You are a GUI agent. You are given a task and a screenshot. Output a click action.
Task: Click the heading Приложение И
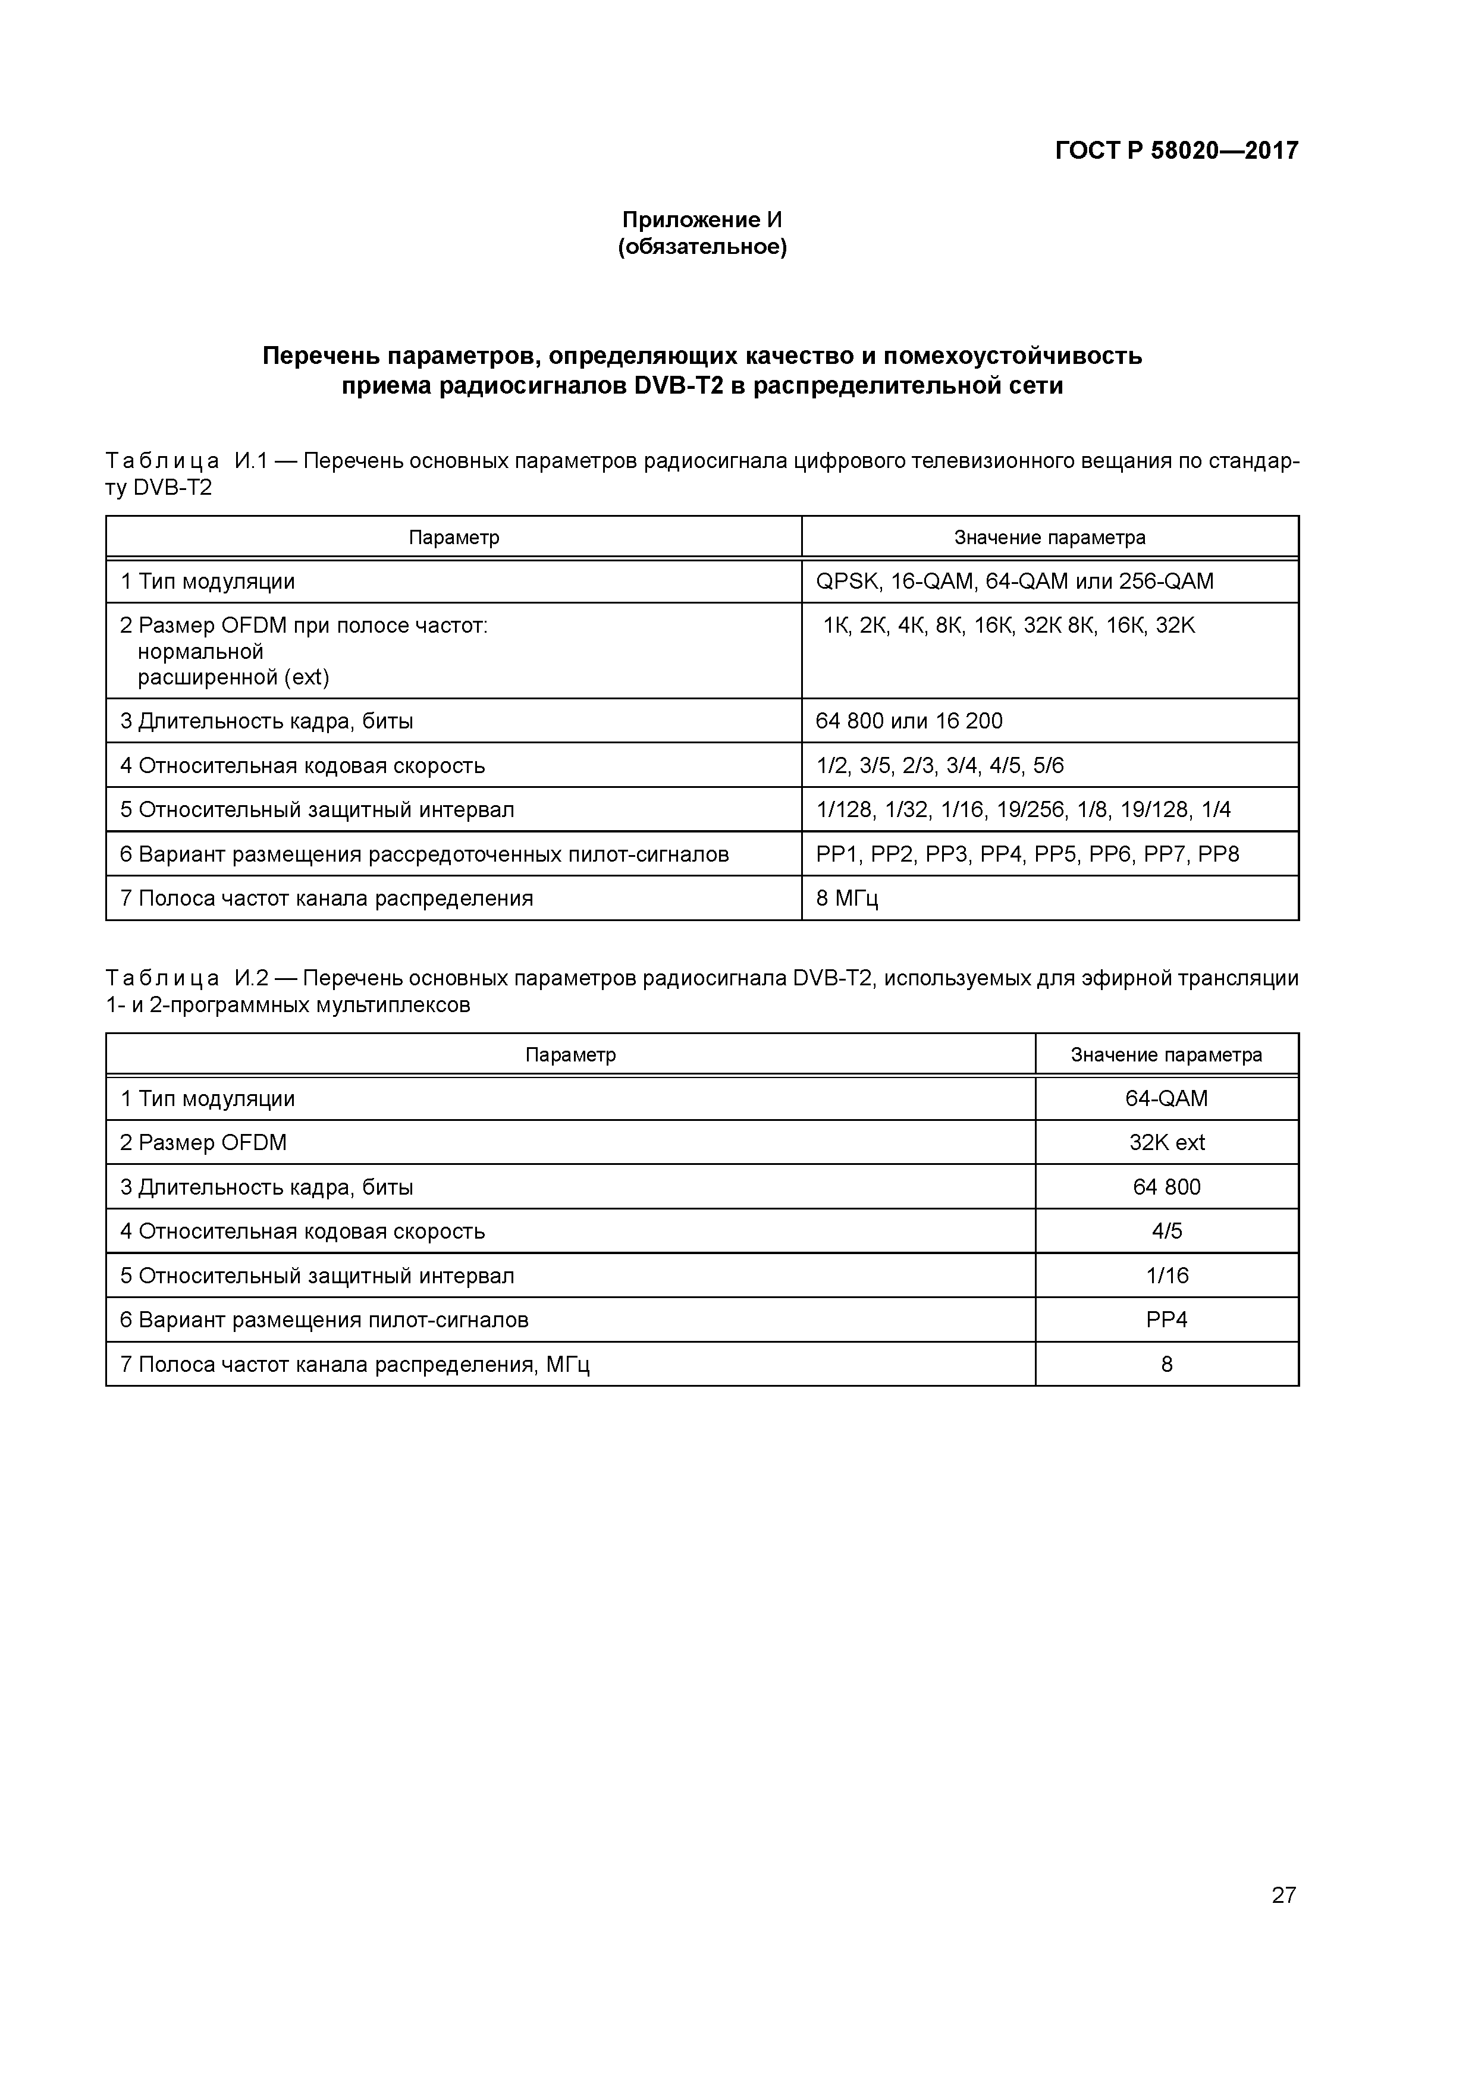(x=702, y=220)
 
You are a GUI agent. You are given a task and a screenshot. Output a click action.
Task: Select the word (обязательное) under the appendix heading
(x=702, y=247)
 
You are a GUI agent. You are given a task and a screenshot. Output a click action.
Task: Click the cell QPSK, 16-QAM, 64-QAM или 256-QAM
(x=1014, y=582)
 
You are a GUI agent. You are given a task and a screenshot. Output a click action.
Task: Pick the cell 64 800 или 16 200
(x=909, y=721)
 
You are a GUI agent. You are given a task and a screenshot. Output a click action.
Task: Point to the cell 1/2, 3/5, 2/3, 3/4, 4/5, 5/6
(x=940, y=766)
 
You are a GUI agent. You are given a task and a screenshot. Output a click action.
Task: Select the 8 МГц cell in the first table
(x=847, y=899)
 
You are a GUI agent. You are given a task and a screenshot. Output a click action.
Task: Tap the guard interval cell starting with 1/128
(x=1024, y=809)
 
